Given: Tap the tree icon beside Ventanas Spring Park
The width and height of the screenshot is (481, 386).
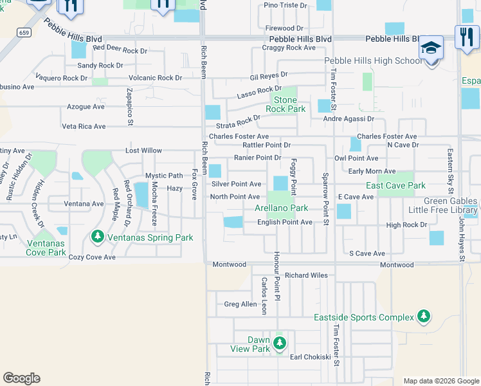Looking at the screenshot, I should point(98,237).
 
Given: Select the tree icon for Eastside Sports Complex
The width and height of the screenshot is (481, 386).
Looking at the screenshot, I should point(423,317).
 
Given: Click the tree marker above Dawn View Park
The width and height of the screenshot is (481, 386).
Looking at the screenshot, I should point(279,342).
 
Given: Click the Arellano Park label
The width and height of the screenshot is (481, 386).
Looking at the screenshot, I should point(281,208).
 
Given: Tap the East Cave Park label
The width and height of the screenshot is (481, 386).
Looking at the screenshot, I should point(395,185).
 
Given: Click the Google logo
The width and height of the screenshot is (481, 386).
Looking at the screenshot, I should point(21,378).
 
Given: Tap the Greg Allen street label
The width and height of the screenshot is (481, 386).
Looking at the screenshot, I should point(240,304).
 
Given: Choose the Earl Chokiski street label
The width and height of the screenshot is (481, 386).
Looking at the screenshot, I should point(310,357).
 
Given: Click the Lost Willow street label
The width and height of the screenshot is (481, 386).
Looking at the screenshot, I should point(143,151).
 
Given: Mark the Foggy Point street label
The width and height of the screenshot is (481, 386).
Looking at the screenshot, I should point(293,177).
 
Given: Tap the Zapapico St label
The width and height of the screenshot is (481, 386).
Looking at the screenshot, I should point(130,106).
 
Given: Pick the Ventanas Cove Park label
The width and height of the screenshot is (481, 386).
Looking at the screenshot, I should point(46,248).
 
